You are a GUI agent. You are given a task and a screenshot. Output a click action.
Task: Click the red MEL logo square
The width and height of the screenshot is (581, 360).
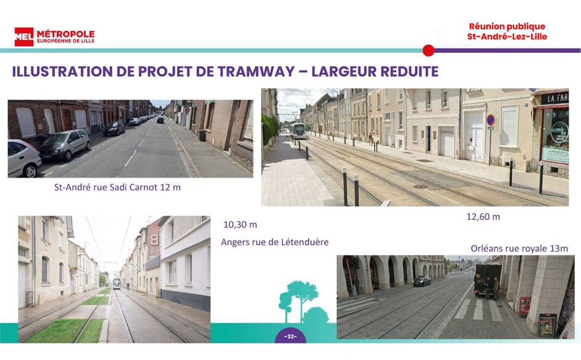click(x=24, y=37)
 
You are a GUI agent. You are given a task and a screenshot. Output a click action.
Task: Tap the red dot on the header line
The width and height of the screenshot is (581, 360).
click(x=429, y=50)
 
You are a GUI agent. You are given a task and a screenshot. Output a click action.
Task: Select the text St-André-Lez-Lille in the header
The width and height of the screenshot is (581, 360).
click(x=507, y=37)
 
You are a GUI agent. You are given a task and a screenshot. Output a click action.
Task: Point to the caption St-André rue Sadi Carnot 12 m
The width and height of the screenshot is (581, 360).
click(x=117, y=187)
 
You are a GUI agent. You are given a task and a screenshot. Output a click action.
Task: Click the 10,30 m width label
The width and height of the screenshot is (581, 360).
click(x=240, y=225)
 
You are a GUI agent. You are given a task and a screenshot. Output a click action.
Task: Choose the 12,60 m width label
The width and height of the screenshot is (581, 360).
click(x=483, y=217)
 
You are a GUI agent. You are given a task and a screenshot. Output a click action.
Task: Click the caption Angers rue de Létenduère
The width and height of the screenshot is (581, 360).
click(x=275, y=242)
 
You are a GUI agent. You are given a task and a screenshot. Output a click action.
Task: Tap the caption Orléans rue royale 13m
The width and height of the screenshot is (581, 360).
click(x=519, y=249)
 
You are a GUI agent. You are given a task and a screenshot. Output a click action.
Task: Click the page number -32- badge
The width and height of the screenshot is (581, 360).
click(x=290, y=336)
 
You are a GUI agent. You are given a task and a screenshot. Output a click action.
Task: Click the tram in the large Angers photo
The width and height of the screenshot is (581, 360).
click(x=299, y=131)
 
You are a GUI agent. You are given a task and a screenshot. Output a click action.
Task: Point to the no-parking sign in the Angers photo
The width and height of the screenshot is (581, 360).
click(x=490, y=120)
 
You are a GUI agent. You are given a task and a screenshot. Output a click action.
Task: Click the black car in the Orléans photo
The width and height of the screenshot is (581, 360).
click(x=422, y=281)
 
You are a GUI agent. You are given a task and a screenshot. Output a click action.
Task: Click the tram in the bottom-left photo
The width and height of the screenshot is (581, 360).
click(x=116, y=283)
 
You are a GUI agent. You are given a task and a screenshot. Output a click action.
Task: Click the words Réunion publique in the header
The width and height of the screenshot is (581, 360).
click(x=507, y=26)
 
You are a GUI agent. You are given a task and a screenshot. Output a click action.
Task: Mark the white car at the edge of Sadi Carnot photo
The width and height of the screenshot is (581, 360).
click(x=24, y=158)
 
